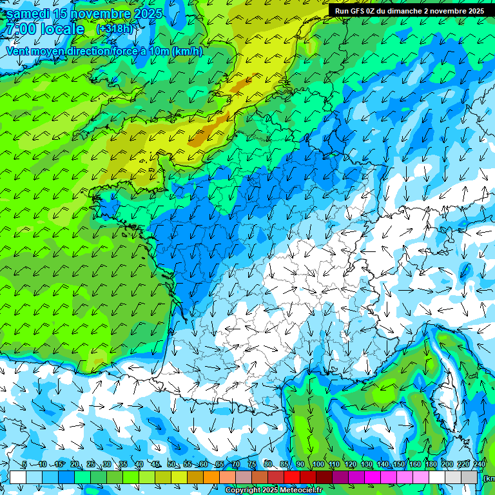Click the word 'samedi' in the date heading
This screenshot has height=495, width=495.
(x=28, y=14)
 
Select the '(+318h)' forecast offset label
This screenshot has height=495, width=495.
(x=115, y=29)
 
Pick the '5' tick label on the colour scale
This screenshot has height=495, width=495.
(x=24, y=465)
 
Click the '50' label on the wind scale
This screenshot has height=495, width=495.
(x=171, y=465)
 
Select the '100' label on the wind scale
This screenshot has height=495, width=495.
(x=318, y=465)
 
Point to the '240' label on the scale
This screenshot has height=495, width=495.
(x=480, y=465)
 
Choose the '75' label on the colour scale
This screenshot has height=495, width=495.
(x=253, y=465)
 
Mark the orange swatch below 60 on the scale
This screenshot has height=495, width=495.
(x=211, y=477)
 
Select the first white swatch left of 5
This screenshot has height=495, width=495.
(x=18, y=477)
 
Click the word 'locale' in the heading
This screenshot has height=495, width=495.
(x=62, y=29)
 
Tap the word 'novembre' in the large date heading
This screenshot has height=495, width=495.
(x=103, y=14)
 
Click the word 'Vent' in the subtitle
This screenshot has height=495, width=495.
(x=18, y=52)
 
